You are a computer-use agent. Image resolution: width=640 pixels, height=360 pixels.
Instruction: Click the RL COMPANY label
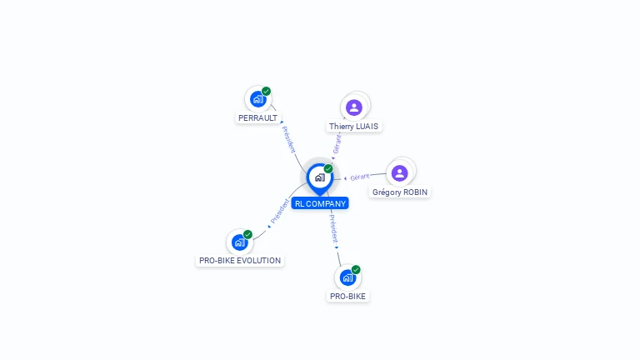click(320, 203)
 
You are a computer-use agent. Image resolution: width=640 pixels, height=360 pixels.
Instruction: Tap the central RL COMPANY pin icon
click(319, 177)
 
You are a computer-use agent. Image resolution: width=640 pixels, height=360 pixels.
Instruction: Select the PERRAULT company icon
click(257, 99)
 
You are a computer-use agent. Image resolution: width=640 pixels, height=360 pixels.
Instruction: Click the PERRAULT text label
click(257, 118)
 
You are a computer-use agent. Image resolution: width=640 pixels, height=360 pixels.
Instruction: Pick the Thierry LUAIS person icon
click(354, 107)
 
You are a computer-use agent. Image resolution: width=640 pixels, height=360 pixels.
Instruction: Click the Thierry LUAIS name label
click(353, 127)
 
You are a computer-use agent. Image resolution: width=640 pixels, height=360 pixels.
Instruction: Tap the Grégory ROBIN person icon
click(400, 172)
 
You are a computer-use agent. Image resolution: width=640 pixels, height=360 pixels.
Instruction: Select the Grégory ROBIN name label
click(400, 192)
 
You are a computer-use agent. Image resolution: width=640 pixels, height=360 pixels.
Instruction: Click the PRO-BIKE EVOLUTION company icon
click(240, 242)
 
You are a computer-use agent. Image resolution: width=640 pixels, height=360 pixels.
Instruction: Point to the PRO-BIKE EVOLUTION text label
click(240, 261)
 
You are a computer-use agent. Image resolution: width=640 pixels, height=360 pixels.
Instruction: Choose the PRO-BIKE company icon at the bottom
click(347, 277)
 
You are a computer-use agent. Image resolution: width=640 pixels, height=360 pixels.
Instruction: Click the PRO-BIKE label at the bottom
click(347, 296)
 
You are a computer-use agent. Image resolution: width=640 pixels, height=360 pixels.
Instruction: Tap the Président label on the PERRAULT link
click(288, 139)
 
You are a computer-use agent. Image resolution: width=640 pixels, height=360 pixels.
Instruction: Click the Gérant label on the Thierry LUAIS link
click(337, 143)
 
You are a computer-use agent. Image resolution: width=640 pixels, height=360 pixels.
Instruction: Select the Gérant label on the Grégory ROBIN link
click(360, 177)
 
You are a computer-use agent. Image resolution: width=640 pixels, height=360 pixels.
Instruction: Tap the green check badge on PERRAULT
click(266, 91)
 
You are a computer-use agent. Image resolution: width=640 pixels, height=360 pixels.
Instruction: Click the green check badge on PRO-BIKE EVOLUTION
click(248, 234)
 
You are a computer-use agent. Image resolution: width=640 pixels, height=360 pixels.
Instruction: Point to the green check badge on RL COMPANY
click(328, 168)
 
